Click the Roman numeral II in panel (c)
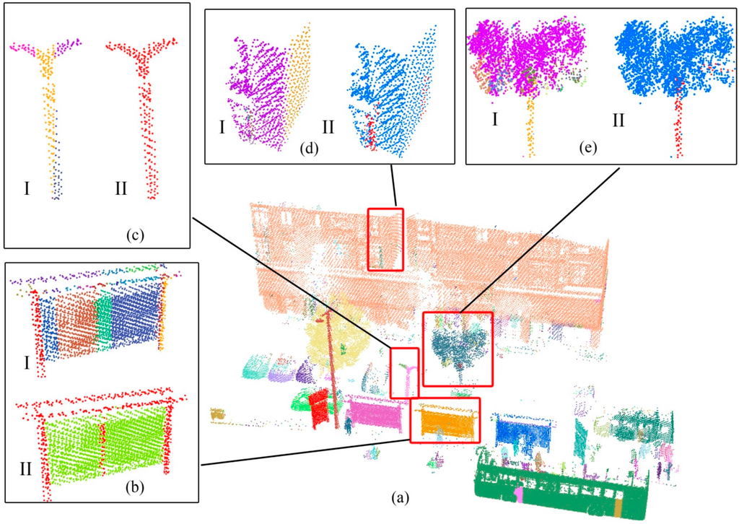pyautogui.click(x=121, y=189)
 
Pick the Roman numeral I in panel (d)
pyautogui.click(x=222, y=128)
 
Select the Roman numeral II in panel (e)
pyautogui.click(x=618, y=118)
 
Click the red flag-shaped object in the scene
pyautogui.click(x=319, y=408)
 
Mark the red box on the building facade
pyautogui.click(x=385, y=239)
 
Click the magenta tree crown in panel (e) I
pyautogui.click(x=527, y=54)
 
